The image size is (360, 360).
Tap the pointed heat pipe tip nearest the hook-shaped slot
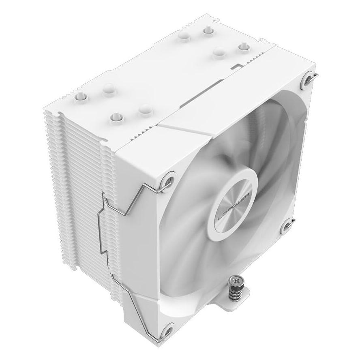click(243, 47)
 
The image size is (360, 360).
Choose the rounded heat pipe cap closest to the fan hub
click(144, 110)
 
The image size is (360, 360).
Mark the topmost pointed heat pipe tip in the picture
click(208, 30)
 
